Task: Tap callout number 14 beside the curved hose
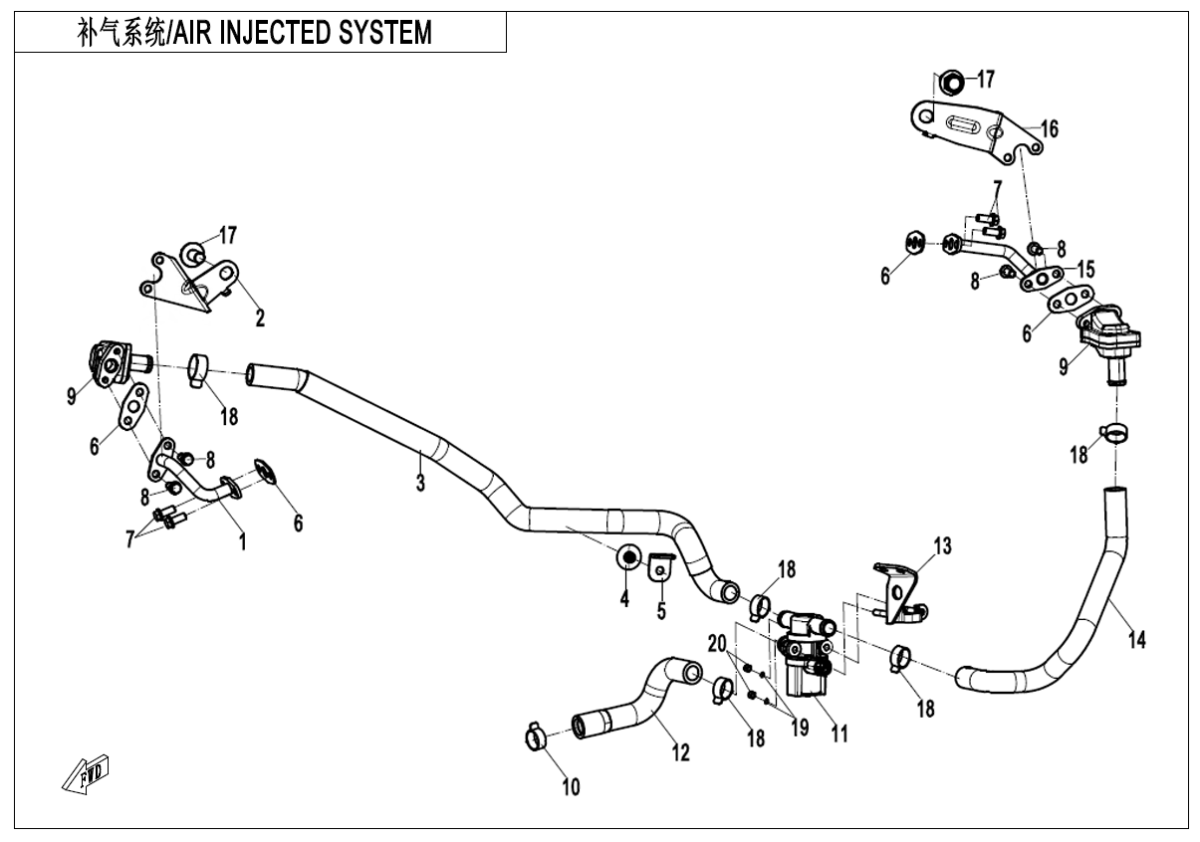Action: coord(1136,639)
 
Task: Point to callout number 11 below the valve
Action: coord(840,735)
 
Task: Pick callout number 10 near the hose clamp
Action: coord(571,787)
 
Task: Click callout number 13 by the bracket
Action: coord(942,545)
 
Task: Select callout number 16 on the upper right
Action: coord(1049,128)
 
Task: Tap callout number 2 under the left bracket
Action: coord(260,318)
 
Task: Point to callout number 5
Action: coord(660,610)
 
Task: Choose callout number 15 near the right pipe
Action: coord(1084,269)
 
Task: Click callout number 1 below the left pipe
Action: coord(241,541)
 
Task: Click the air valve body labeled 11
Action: coord(803,657)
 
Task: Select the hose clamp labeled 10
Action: coord(535,737)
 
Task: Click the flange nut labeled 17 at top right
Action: coord(951,81)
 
